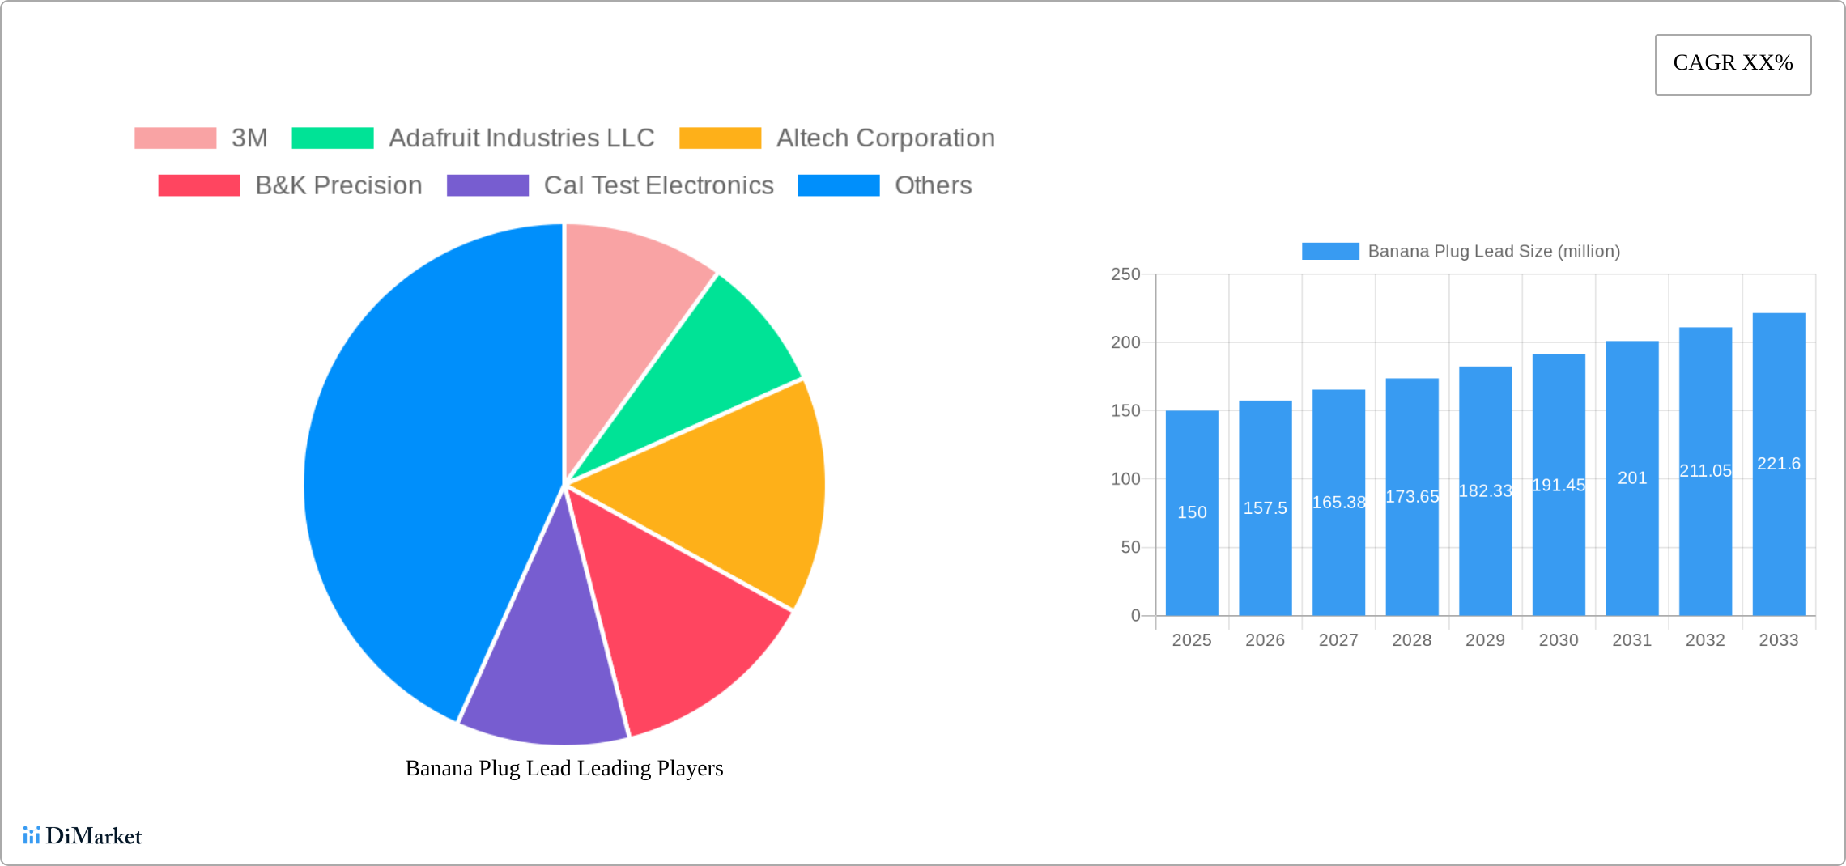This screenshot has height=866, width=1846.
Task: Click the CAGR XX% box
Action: [1733, 64]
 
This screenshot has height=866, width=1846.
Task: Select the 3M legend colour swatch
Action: [175, 138]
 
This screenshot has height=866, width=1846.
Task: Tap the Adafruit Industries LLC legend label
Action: [521, 138]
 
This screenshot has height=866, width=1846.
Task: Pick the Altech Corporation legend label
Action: [885, 138]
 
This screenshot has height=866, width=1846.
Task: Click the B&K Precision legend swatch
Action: [199, 185]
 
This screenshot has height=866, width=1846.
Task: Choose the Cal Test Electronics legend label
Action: [658, 185]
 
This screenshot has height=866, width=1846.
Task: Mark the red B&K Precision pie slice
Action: [664, 615]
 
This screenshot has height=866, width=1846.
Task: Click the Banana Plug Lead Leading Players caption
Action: [564, 768]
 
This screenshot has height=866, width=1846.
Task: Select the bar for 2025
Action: [1192, 518]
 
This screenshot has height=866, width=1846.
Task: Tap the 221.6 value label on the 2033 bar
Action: [1779, 464]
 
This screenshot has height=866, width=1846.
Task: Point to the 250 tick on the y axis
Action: [1125, 274]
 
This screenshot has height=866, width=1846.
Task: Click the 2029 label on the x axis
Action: [1485, 640]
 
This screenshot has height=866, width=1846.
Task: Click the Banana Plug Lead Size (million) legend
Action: [1461, 251]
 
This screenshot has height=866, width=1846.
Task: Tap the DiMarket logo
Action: [83, 835]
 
